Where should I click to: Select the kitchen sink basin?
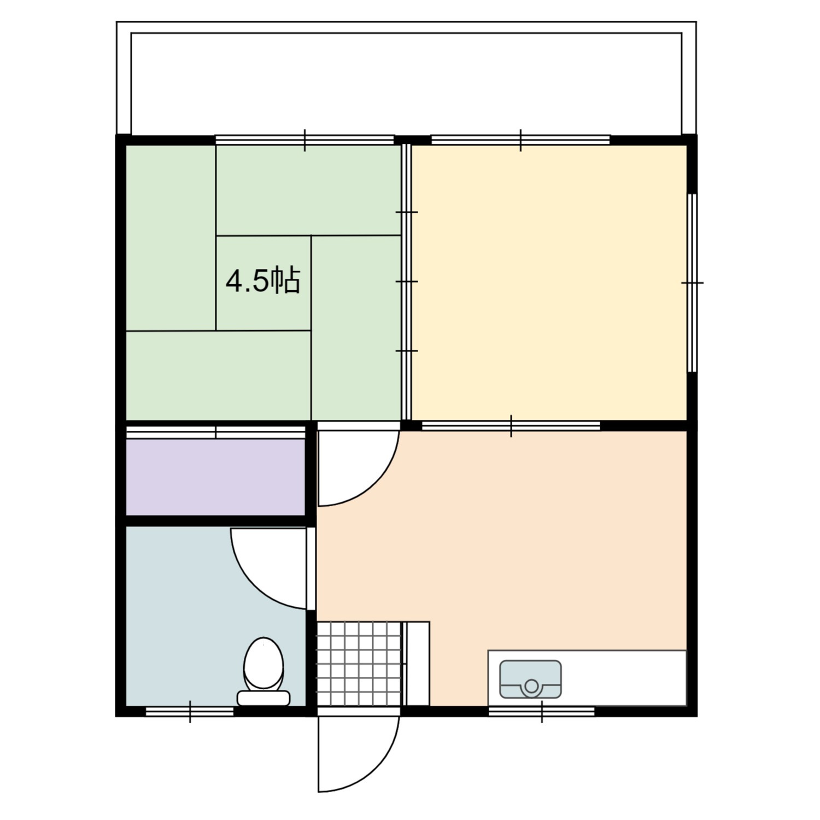531,679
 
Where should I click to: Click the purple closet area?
215,477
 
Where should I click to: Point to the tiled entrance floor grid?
359,664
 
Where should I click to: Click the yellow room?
549,283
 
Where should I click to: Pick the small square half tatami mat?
263,283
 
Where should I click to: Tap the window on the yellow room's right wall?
692,283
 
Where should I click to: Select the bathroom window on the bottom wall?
190,711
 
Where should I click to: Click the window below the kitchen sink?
541,711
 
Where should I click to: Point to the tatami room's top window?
304,140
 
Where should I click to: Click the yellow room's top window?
520,140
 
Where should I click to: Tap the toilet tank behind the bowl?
263,698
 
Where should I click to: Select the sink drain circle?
531,686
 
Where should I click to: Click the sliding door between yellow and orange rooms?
511,426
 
